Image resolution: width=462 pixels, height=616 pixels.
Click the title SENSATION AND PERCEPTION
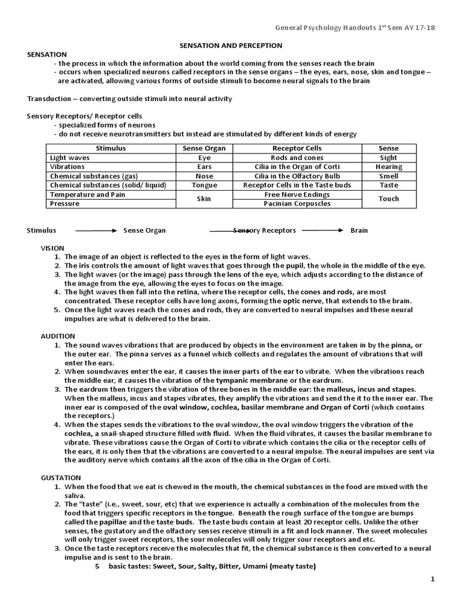[x=232, y=45]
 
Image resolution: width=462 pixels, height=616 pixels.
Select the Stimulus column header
[x=111, y=148]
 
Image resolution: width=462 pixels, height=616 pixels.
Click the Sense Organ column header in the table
[x=204, y=148]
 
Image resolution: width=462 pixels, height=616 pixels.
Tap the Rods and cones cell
[x=297, y=158]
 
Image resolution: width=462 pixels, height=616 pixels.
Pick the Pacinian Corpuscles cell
[x=297, y=204]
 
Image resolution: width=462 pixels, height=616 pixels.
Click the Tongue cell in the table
[x=204, y=185]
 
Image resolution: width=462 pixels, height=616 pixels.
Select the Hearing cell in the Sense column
[x=389, y=167]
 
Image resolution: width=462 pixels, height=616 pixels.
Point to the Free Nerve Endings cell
[x=297, y=195]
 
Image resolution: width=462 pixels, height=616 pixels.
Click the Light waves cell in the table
[x=70, y=158]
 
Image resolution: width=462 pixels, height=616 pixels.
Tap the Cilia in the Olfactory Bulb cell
[x=297, y=176]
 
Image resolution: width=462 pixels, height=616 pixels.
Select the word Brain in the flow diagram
[x=359, y=230]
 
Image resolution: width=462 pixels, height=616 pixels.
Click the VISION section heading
[x=52, y=247]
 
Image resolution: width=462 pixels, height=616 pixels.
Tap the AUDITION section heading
[x=58, y=336]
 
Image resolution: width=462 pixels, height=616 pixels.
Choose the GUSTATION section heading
[x=60, y=477]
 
